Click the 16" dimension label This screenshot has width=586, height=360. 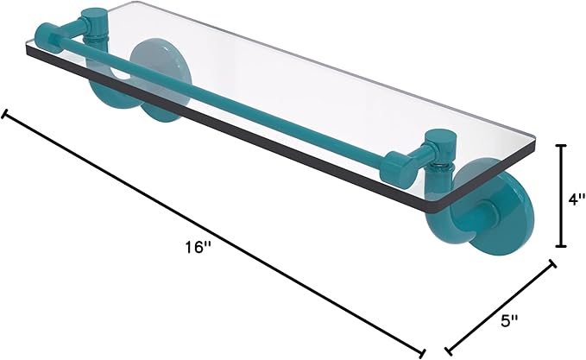198,247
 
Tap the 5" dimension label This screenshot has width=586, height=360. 509,320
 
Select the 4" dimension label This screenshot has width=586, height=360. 576,199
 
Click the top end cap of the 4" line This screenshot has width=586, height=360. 561,145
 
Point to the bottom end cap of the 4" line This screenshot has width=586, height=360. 561,246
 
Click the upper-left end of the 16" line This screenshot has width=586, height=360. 4,114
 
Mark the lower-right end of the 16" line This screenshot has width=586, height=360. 422,352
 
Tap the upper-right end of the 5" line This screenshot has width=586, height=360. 552,263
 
